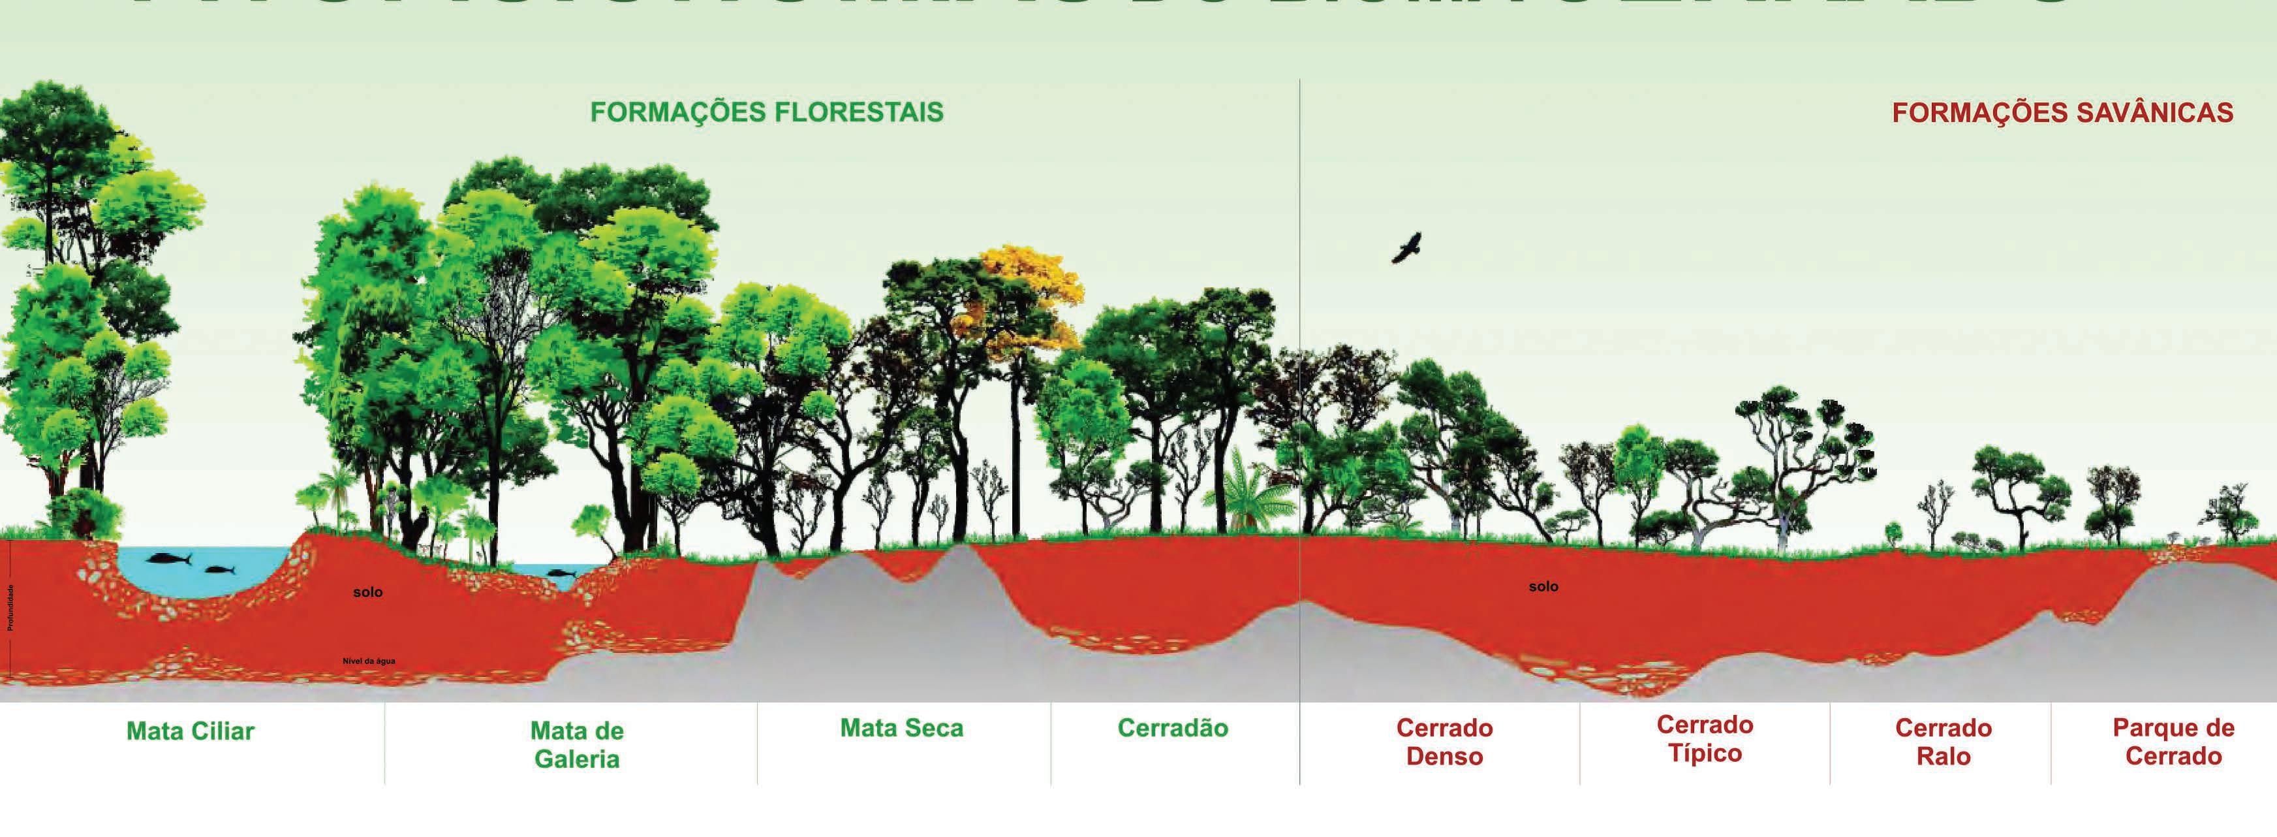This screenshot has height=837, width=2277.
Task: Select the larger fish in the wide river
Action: tap(170, 559)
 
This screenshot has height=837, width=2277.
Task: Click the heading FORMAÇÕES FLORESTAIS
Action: tap(766, 113)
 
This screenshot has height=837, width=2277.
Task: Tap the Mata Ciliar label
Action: tap(190, 731)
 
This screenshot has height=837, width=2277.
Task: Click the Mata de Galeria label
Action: tap(576, 744)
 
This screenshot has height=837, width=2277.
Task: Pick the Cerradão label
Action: tap(1172, 728)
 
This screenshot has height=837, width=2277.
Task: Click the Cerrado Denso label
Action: tap(1444, 742)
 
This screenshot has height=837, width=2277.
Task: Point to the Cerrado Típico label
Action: tap(1704, 739)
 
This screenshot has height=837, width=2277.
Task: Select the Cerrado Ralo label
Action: tap(1943, 742)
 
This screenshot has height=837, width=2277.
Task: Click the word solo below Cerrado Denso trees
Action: tap(1543, 587)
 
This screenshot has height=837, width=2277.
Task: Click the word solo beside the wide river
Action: tap(367, 592)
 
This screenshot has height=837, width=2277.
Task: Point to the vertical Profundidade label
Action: tap(10, 607)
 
